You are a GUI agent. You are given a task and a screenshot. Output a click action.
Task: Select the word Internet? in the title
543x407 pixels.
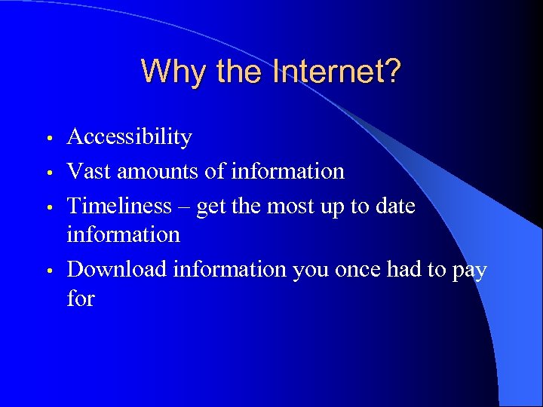pos(338,72)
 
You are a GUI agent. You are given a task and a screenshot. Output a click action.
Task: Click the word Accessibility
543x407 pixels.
pos(129,137)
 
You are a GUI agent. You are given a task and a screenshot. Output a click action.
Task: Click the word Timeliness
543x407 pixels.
pos(118,206)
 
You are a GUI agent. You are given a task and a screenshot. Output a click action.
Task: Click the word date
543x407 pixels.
pos(391,206)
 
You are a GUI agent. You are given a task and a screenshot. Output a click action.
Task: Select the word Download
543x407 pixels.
pos(118,269)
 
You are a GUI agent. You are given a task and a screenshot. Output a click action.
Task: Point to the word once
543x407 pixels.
pos(357,269)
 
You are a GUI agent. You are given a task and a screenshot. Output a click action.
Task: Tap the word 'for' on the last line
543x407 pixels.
pos(81,298)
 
